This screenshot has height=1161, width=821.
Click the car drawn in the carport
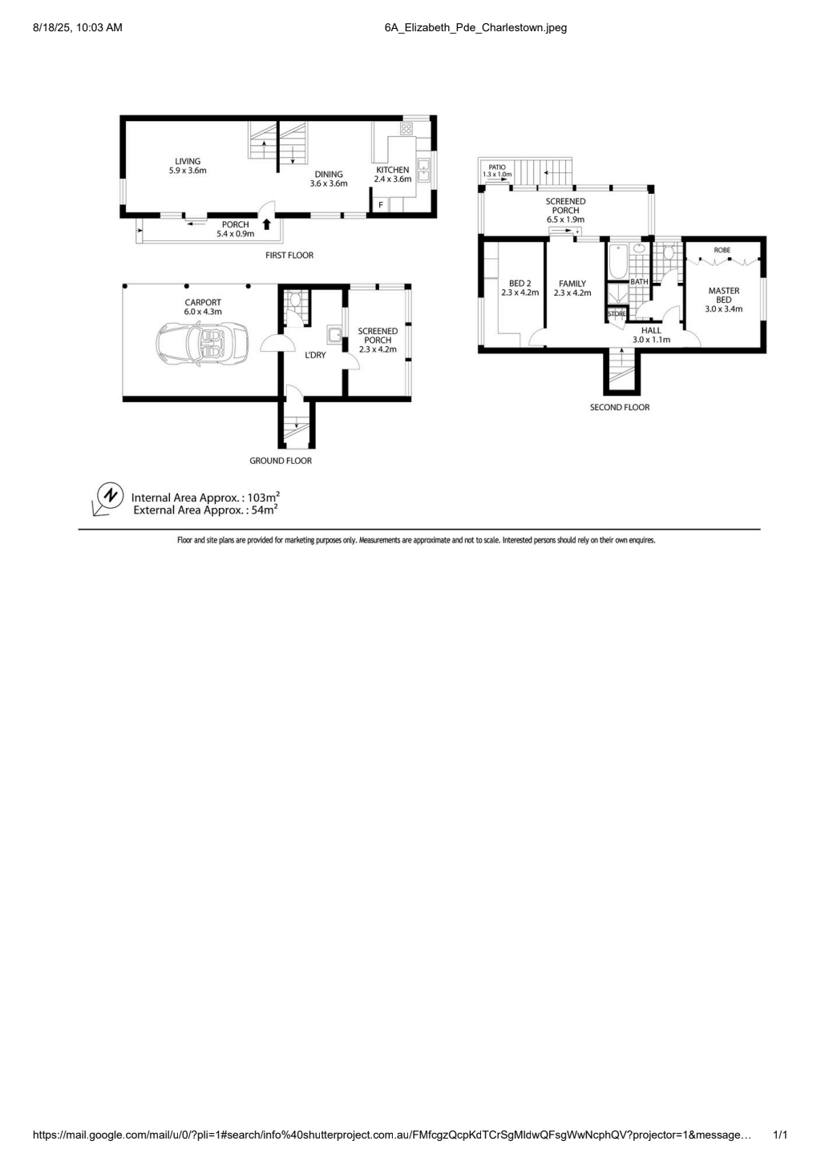202,344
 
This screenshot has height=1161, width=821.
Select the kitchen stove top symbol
406,128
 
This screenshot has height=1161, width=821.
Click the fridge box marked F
381,205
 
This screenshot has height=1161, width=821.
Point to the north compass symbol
110,495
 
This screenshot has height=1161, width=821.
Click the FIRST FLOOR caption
289,255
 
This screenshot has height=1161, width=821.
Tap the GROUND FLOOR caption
281,461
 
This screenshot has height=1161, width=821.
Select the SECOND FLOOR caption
620,407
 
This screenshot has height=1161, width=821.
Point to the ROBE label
722,250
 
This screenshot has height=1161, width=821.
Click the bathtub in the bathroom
618,262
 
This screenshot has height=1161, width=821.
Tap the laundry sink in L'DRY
334,336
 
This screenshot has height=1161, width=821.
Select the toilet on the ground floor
296,300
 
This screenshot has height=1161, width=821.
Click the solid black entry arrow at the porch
266,224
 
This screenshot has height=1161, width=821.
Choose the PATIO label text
497,167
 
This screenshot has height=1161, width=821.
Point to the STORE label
617,313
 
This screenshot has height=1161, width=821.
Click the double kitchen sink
423,171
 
